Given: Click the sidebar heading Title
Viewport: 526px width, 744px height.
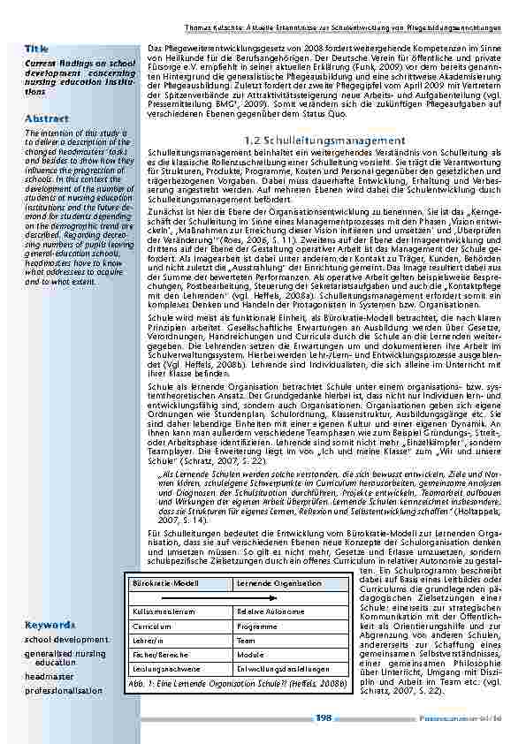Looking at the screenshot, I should coord(36,49).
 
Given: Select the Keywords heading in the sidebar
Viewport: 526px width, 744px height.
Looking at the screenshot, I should coord(50,625).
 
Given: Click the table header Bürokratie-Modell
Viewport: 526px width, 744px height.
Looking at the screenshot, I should coord(160,584).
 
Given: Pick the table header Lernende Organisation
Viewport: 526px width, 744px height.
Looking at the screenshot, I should coord(272,584).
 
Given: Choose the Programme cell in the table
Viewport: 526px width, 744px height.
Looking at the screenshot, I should coord(257,626).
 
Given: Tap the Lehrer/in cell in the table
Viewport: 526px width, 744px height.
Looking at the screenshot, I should coord(146,641).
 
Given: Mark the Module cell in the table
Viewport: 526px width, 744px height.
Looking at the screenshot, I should coord(251,655).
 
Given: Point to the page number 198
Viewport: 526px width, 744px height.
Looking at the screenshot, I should coord(324,718).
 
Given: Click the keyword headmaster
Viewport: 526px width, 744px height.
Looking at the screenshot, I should coord(50,676).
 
